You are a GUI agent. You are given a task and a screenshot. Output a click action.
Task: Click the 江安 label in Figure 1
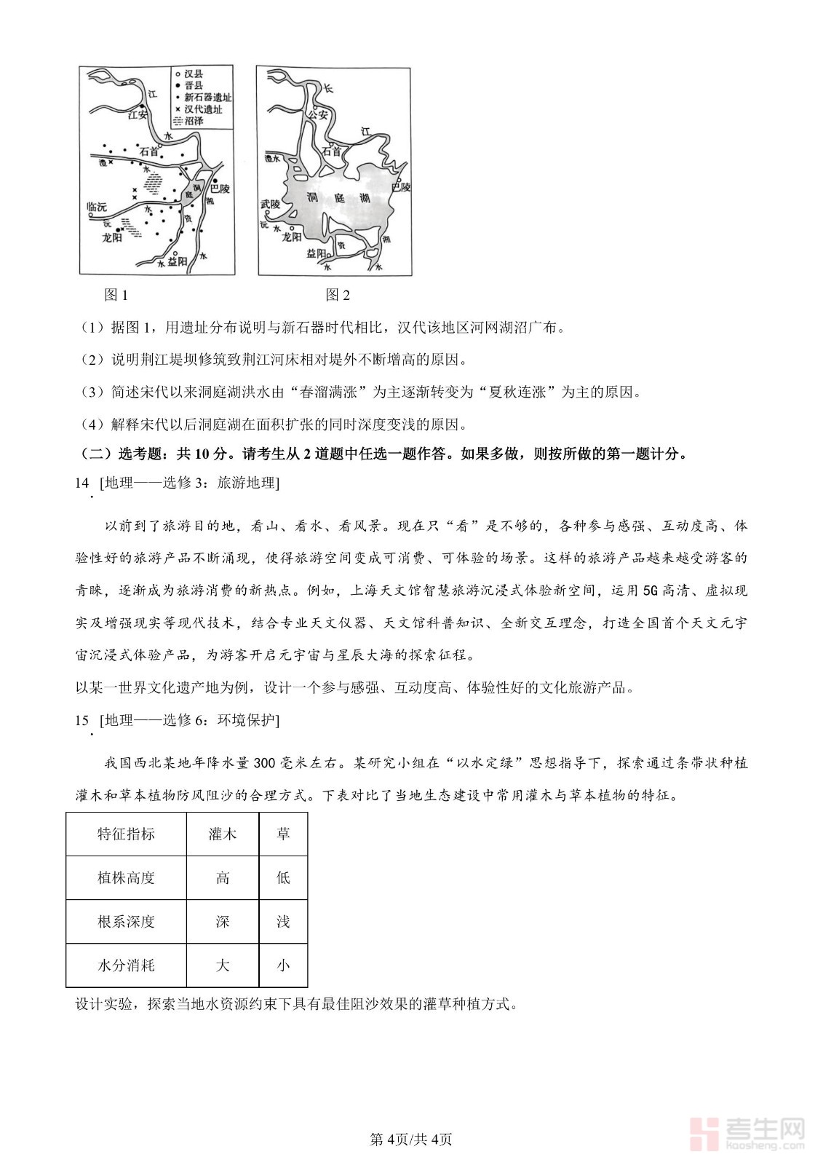(x=137, y=114)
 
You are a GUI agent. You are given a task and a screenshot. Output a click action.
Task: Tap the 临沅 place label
(x=96, y=207)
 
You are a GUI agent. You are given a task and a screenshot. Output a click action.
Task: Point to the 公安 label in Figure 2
(x=318, y=114)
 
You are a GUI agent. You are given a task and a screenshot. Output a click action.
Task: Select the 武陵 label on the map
(x=270, y=205)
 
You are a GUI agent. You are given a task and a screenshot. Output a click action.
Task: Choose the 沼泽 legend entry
(x=194, y=121)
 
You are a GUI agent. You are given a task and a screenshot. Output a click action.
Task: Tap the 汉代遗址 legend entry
(x=202, y=109)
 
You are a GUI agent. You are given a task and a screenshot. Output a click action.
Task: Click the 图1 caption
(x=116, y=295)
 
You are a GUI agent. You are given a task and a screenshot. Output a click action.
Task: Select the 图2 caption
(x=338, y=295)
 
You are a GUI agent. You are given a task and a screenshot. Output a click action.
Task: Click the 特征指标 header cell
(x=126, y=834)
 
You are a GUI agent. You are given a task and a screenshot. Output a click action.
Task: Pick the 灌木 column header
(x=223, y=834)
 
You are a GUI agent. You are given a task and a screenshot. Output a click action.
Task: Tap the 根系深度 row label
(x=126, y=922)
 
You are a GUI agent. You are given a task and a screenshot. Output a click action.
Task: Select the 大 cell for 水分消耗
(x=223, y=965)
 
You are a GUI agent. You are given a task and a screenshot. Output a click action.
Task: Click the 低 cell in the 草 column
(x=283, y=878)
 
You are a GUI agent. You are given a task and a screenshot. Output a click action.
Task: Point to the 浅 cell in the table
(x=283, y=922)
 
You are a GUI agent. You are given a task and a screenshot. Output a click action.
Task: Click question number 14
(x=81, y=483)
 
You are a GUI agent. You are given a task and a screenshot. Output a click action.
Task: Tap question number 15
(x=81, y=720)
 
